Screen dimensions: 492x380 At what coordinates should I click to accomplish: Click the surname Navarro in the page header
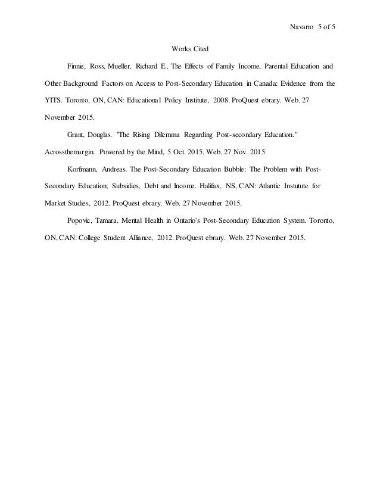click(301, 27)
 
